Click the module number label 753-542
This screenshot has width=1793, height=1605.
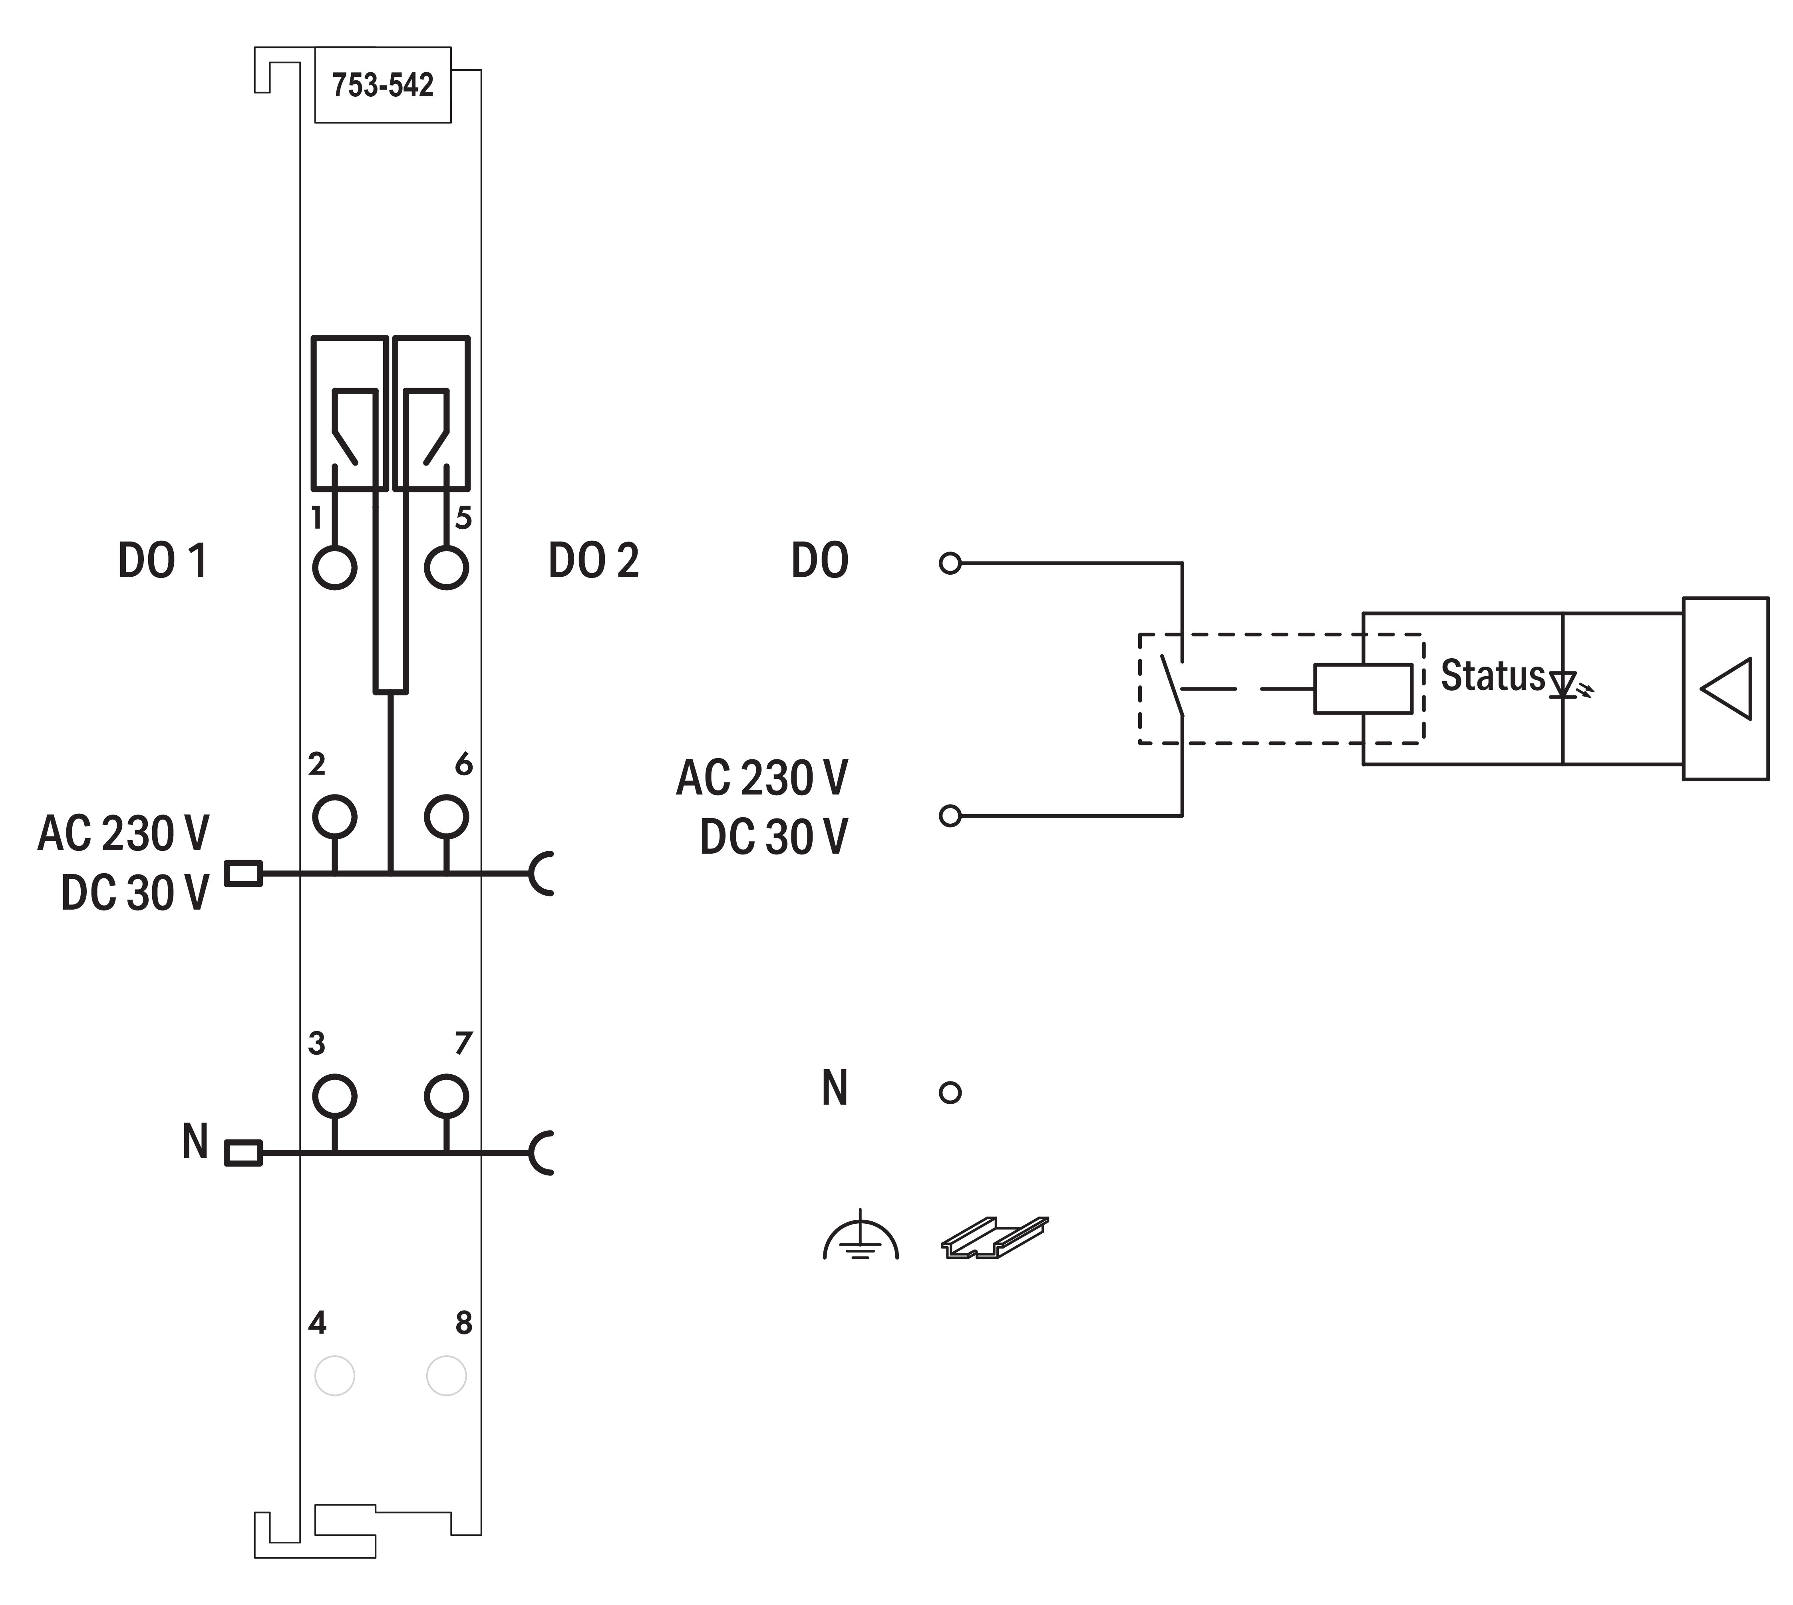click(x=383, y=86)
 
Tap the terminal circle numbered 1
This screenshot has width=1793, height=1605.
click(x=335, y=567)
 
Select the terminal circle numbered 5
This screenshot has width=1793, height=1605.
click(x=446, y=567)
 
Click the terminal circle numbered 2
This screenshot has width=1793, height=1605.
click(x=335, y=816)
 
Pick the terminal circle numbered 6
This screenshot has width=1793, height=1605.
click(x=446, y=816)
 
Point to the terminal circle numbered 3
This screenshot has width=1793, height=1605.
click(x=335, y=1096)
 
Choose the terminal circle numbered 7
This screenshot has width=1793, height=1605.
click(x=446, y=1096)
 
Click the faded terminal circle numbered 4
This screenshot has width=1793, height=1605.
click(x=335, y=1376)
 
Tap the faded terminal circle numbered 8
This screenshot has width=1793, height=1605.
click(x=446, y=1376)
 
